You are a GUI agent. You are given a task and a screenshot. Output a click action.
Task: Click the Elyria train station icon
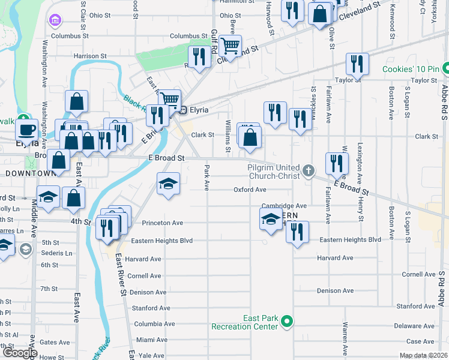click(184, 110)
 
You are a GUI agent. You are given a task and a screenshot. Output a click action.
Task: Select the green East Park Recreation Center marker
click(287, 322)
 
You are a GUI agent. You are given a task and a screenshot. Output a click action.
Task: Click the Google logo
click(20, 353)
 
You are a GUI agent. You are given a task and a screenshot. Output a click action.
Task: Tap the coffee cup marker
click(26, 130)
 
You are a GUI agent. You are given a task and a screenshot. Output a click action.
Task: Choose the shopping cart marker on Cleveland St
click(229, 46)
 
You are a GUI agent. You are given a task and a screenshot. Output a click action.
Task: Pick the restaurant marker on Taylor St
click(357, 64)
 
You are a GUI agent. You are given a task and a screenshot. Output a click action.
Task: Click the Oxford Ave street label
click(250, 190)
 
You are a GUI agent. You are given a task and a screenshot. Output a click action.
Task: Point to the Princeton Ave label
click(162, 223)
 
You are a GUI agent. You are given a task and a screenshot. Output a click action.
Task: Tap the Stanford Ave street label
click(151, 308)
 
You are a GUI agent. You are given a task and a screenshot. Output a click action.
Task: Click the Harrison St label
click(90, 56)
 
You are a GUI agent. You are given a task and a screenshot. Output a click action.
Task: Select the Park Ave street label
click(206, 178)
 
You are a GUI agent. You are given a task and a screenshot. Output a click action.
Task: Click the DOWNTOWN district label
click(30, 173)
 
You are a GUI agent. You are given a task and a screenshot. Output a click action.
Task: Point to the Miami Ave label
click(151, 340)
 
